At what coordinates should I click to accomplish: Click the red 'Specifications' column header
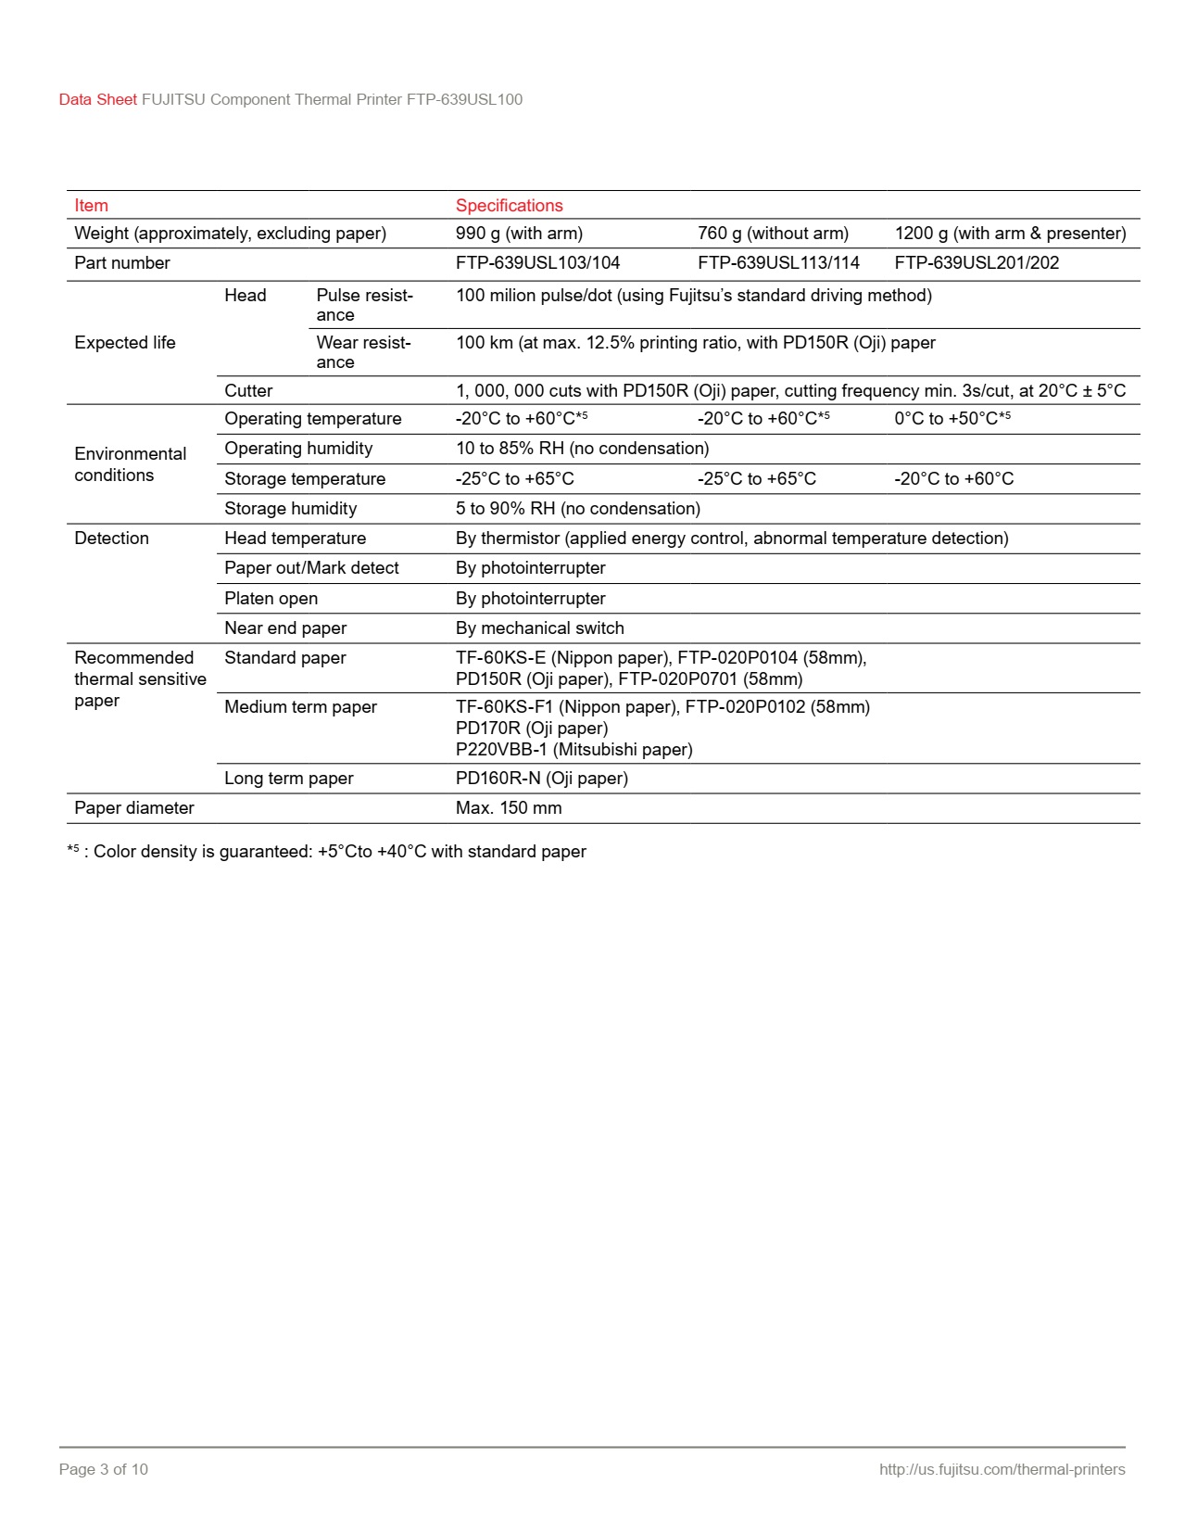(509, 206)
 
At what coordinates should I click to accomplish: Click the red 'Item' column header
(91, 206)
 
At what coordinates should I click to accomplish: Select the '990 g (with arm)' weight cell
(519, 234)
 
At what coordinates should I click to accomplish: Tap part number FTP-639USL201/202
(976, 263)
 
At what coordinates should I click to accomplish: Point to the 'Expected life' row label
(124, 343)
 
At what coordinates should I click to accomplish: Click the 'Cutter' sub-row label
(248, 391)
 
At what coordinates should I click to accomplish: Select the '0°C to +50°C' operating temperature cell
(952, 419)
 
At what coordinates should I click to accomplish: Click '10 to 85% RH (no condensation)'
(582, 449)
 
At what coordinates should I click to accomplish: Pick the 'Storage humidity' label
(290, 509)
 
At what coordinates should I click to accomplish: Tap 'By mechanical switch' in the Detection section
(539, 628)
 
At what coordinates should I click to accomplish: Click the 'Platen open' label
(271, 599)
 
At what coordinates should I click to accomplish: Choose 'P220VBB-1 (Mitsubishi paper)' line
(574, 750)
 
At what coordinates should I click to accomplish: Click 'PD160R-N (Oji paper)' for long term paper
(541, 779)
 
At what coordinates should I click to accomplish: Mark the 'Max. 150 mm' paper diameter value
(509, 808)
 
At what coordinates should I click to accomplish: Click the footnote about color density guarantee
(326, 852)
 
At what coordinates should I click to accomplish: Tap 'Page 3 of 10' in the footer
(103, 1469)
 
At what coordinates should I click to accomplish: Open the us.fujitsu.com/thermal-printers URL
(1002, 1469)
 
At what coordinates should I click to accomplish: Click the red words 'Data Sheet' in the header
(97, 100)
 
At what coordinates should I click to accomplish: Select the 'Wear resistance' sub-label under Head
(362, 352)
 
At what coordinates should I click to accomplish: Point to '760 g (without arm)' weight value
(773, 234)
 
